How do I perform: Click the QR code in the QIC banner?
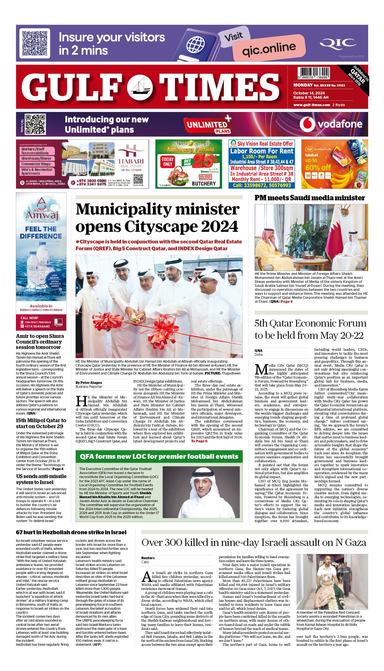(x=35, y=43)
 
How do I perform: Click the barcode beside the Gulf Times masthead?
(x=314, y=73)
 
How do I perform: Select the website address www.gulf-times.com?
(x=312, y=105)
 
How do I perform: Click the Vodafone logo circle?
(x=307, y=124)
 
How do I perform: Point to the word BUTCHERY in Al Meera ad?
(x=204, y=184)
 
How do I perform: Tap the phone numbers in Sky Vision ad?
(x=262, y=185)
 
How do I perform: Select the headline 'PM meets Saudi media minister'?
(x=310, y=198)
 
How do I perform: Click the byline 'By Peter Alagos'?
(x=89, y=383)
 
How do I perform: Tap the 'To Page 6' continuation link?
(x=199, y=441)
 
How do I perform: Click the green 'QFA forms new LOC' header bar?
(x=159, y=457)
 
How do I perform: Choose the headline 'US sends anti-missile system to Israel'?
(x=41, y=479)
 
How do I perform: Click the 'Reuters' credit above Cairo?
(x=148, y=558)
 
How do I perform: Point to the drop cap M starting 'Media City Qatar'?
(x=261, y=370)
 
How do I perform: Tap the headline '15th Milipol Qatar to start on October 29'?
(x=41, y=423)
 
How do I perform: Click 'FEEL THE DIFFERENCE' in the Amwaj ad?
(x=41, y=233)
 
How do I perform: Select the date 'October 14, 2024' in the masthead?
(x=309, y=93)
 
